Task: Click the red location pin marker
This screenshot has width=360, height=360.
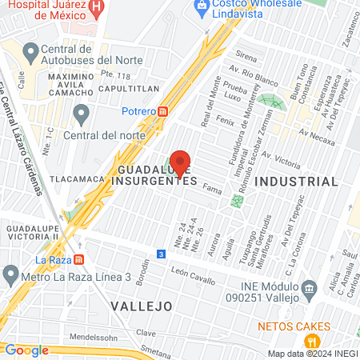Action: click(180, 162)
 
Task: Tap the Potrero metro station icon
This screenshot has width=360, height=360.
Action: click(162, 112)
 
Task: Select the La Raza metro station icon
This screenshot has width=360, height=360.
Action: click(78, 259)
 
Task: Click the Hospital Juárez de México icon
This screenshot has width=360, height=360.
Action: click(98, 10)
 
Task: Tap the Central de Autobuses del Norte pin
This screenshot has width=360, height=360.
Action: click(30, 55)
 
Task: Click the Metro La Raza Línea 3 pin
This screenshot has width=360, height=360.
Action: click(10, 277)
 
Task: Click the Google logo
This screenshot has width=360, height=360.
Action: click(26, 350)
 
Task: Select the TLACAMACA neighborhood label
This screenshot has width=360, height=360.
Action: click(77, 178)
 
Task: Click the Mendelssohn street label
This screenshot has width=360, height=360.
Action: click(88, 338)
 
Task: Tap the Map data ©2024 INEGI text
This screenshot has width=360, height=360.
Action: click(312, 354)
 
